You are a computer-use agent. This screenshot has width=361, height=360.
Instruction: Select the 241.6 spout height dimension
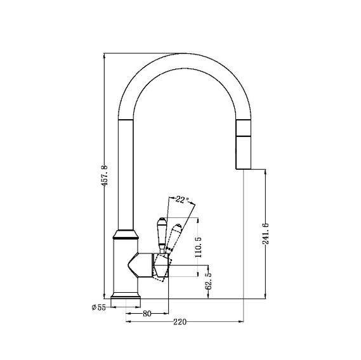click(x=265, y=233)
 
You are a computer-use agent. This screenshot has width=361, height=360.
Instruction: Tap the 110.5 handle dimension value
click(x=198, y=247)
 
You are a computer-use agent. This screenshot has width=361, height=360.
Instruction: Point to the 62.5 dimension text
click(x=208, y=281)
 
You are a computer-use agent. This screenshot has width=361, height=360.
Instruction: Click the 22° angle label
click(x=182, y=200)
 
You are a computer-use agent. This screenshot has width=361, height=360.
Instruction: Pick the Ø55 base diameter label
click(x=98, y=307)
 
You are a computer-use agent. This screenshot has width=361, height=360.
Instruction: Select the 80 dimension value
click(x=147, y=313)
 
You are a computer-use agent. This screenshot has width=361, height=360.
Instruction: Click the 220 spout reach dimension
click(x=180, y=321)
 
